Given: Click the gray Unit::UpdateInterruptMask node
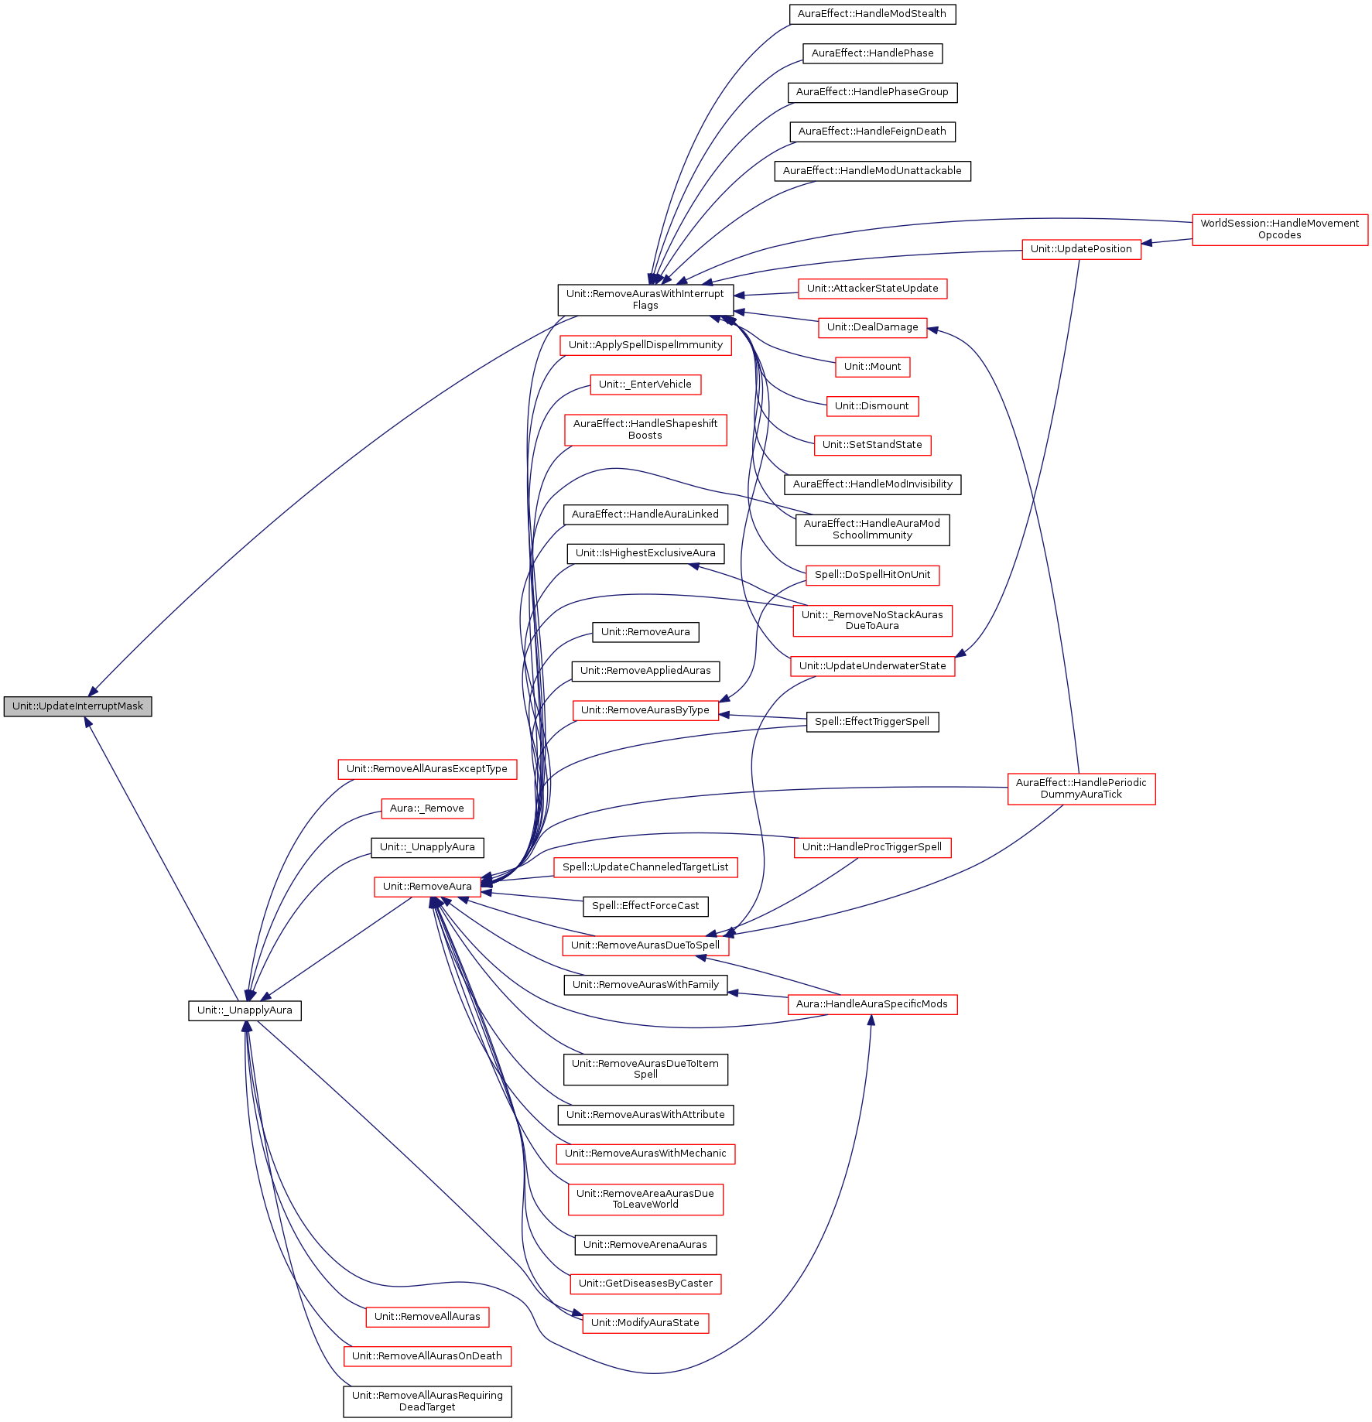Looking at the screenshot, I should pyautogui.click(x=77, y=706).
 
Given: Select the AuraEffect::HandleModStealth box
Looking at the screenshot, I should pyautogui.click(x=872, y=14).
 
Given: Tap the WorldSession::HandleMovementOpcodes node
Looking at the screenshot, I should pyautogui.click(x=1280, y=229).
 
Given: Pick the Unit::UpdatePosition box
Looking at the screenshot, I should pyautogui.click(x=1081, y=249).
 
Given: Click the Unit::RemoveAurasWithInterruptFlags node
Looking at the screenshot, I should pyautogui.click(x=645, y=299).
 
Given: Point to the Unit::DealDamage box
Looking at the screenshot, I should pyautogui.click(x=872, y=327).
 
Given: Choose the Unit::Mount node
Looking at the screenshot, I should pyautogui.click(x=872, y=367).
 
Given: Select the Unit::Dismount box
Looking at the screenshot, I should pyautogui.click(x=872, y=406).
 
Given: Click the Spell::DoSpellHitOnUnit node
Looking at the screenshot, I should pyautogui.click(x=872, y=575).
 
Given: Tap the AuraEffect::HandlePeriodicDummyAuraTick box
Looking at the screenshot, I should pyautogui.click(x=1081, y=788).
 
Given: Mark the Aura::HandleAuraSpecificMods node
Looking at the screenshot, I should pyautogui.click(x=872, y=1004).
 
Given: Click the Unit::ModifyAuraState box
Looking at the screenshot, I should pyautogui.click(x=645, y=1323).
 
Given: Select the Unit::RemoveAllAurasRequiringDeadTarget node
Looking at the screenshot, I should pyautogui.click(x=427, y=1401).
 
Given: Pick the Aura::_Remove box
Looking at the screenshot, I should pyautogui.click(x=427, y=808).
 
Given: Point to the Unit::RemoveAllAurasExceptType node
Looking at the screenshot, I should pyautogui.click(x=427, y=769).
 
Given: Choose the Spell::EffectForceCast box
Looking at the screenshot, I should pyautogui.click(x=645, y=906).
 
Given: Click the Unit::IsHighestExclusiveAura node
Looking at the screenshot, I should pyautogui.click(x=645, y=553).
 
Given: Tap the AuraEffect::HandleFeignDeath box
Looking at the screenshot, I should pyautogui.click(x=872, y=132).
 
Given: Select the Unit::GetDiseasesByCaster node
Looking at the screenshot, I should pyautogui.click(x=645, y=1284).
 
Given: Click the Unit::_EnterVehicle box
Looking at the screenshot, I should pyautogui.click(x=645, y=385).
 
